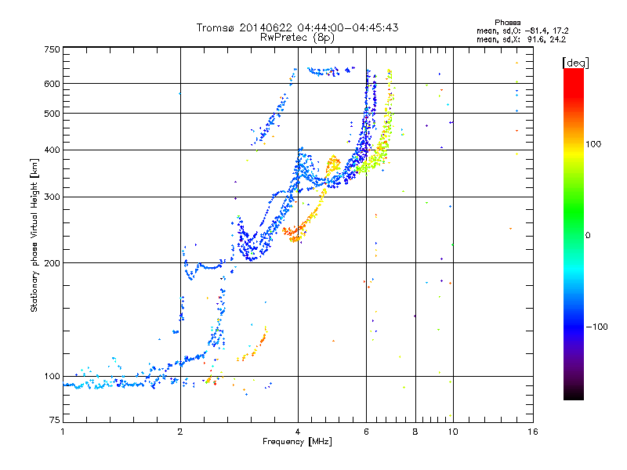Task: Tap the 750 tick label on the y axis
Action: [x=53, y=49]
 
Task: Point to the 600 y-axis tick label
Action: [x=53, y=84]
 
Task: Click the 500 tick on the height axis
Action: [x=53, y=114]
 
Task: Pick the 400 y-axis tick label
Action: [x=53, y=150]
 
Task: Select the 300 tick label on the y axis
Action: [x=53, y=197]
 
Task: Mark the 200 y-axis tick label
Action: [x=53, y=263]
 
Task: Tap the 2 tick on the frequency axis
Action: [x=180, y=432]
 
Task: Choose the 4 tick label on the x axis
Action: [x=298, y=432]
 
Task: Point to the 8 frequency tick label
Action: [x=415, y=432]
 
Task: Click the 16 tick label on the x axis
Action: [x=532, y=432]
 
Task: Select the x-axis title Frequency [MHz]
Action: [x=298, y=443]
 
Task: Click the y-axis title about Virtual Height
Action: [x=34, y=236]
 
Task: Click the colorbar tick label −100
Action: [x=600, y=326]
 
